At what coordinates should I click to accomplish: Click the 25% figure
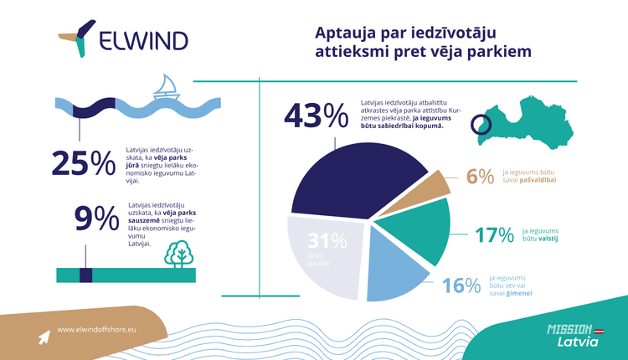[x=83, y=162]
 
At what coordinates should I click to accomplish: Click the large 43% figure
[x=317, y=114]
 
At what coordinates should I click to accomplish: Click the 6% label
[x=481, y=177]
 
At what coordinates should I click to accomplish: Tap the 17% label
[x=493, y=236]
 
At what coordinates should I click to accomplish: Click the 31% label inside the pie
[x=326, y=243]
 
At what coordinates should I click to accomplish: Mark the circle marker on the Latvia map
[x=481, y=126]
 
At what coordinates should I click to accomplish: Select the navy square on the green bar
[x=85, y=275]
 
